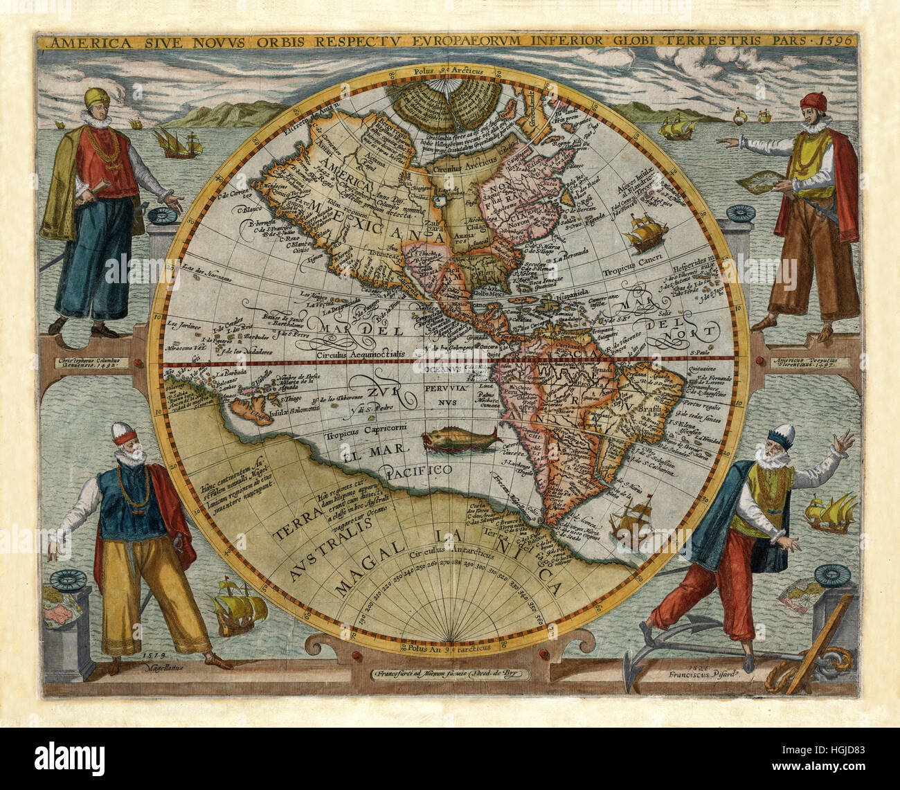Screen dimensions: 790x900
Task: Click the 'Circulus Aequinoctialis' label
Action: coord(359,354)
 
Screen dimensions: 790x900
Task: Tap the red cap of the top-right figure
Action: coord(813,102)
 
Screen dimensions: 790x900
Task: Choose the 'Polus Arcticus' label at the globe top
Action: coord(447,71)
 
